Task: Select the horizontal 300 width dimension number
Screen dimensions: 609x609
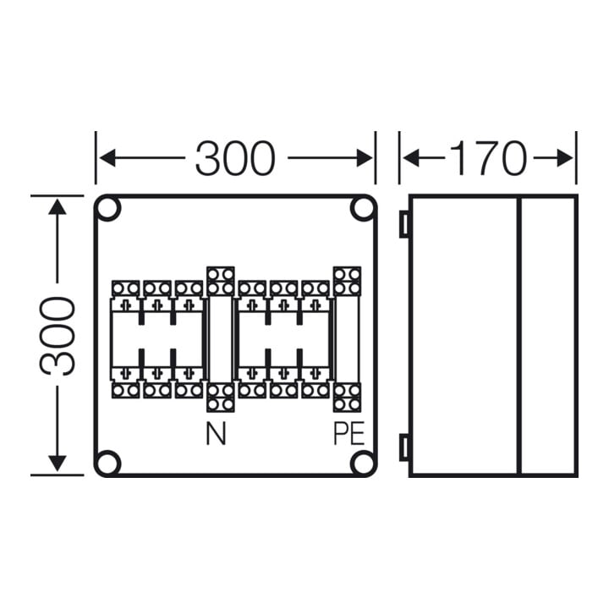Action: point(235,157)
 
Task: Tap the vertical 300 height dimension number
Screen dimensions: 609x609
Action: point(58,336)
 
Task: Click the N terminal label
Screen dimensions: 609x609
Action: point(216,434)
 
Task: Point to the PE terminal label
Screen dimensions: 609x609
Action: point(348,434)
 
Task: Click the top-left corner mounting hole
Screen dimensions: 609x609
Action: point(108,209)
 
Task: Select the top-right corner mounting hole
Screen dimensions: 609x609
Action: point(363,209)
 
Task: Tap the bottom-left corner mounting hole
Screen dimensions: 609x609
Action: point(108,463)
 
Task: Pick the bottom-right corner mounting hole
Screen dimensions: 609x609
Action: point(363,463)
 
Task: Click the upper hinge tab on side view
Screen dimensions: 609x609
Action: point(404,223)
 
